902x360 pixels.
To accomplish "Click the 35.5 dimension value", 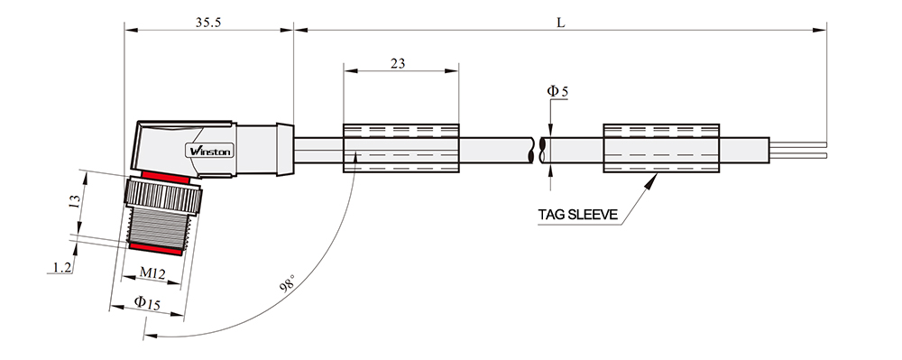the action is [208, 23].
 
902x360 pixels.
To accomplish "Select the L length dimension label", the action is [561, 23].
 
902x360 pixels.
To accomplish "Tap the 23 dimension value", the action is [398, 63].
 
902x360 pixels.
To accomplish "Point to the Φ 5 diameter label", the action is [557, 91].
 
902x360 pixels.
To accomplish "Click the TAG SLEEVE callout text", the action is [578, 215].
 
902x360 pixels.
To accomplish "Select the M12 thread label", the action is [152, 273].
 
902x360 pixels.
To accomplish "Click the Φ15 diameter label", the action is [147, 302].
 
